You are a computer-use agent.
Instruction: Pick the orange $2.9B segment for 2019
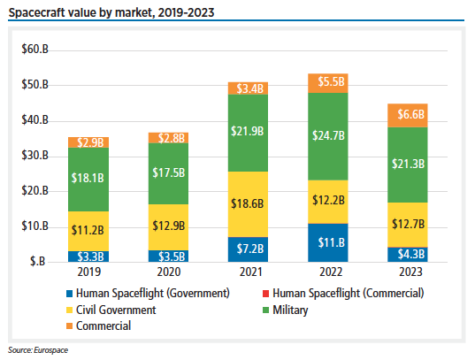click(89, 142)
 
